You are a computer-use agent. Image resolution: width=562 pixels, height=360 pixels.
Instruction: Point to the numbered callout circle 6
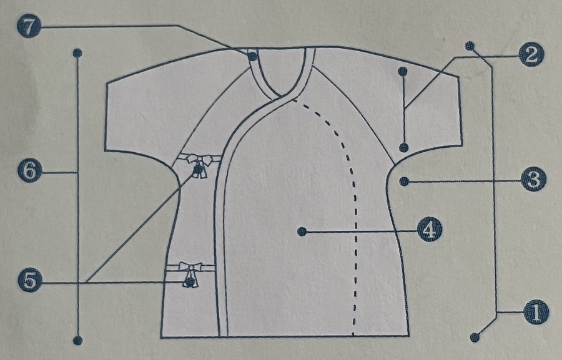[29, 170]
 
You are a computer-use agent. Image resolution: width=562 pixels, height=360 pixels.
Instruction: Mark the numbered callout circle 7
[29, 26]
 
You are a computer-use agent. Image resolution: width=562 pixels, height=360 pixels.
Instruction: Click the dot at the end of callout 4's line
[302, 231]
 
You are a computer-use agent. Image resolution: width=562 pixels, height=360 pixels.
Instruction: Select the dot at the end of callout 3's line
[404, 182]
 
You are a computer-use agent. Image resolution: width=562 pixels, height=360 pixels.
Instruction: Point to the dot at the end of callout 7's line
[252, 57]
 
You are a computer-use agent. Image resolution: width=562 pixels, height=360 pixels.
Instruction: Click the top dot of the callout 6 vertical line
[77, 53]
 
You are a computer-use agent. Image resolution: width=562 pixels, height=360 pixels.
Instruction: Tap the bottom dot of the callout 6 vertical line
[77, 340]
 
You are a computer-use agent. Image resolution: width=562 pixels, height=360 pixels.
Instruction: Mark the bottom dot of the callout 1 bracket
[475, 337]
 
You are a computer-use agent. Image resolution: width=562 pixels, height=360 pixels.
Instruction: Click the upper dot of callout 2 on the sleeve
[403, 72]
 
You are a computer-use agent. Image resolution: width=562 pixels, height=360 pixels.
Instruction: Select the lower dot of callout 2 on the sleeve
[404, 148]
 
